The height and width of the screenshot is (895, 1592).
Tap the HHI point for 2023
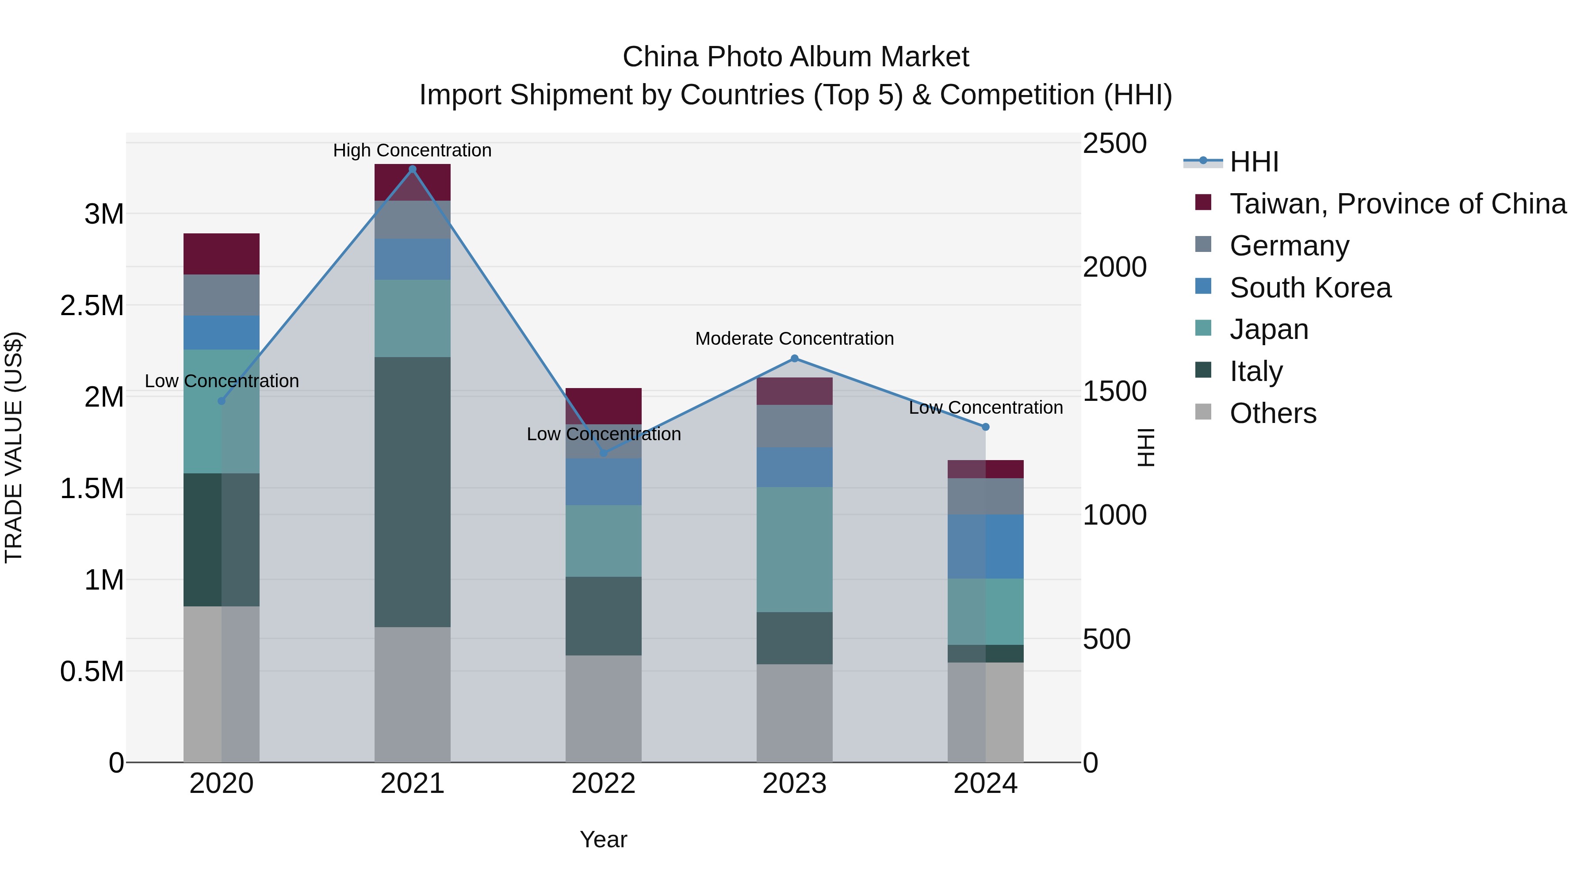click(x=794, y=358)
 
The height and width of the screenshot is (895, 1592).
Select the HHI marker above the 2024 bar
click(x=985, y=427)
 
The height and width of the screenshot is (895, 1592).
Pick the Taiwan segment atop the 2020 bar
click(x=221, y=254)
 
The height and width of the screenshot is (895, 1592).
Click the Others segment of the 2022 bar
click(x=603, y=708)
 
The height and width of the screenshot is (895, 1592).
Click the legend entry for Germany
click(x=1289, y=246)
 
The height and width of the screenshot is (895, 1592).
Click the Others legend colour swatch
click(x=1203, y=411)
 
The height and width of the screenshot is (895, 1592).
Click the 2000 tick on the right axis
click(x=1114, y=267)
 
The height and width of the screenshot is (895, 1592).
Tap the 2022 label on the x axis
click(x=603, y=784)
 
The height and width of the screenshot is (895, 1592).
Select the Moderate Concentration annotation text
click(x=794, y=339)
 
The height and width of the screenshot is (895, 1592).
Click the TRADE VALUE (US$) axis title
click(x=14, y=447)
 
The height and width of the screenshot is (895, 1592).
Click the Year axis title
click(x=603, y=839)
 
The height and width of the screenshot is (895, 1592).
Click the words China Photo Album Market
click(x=796, y=57)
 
